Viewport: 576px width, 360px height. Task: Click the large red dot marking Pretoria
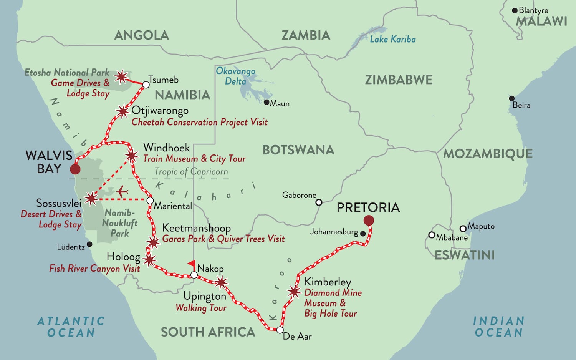click(x=369, y=220)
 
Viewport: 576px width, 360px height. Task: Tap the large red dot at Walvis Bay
click(x=75, y=169)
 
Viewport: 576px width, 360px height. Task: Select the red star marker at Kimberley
click(x=294, y=292)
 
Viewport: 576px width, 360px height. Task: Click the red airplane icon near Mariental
click(x=122, y=191)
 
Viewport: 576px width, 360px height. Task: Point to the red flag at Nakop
click(x=191, y=264)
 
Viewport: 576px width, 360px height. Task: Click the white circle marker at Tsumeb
click(x=146, y=85)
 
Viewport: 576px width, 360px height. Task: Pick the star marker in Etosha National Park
click(x=121, y=77)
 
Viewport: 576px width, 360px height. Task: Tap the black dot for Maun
click(x=266, y=102)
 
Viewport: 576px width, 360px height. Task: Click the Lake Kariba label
click(x=392, y=39)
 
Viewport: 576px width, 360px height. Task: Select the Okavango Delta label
click(x=235, y=76)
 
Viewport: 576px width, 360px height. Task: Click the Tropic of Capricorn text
click(x=191, y=172)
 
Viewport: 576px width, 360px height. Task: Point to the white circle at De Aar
click(x=280, y=330)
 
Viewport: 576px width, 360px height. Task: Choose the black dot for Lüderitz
click(x=89, y=244)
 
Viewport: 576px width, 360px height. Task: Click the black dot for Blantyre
click(x=515, y=10)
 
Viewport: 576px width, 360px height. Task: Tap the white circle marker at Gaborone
click(x=319, y=202)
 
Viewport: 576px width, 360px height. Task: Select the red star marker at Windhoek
click(x=132, y=156)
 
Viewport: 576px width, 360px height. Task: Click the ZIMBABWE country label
click(x=399, y=80)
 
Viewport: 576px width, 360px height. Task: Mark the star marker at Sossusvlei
click(x=91, y=199)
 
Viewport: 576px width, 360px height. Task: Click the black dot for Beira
click(x=511, y=98)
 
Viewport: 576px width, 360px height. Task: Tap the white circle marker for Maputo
click(x=463, y=229)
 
